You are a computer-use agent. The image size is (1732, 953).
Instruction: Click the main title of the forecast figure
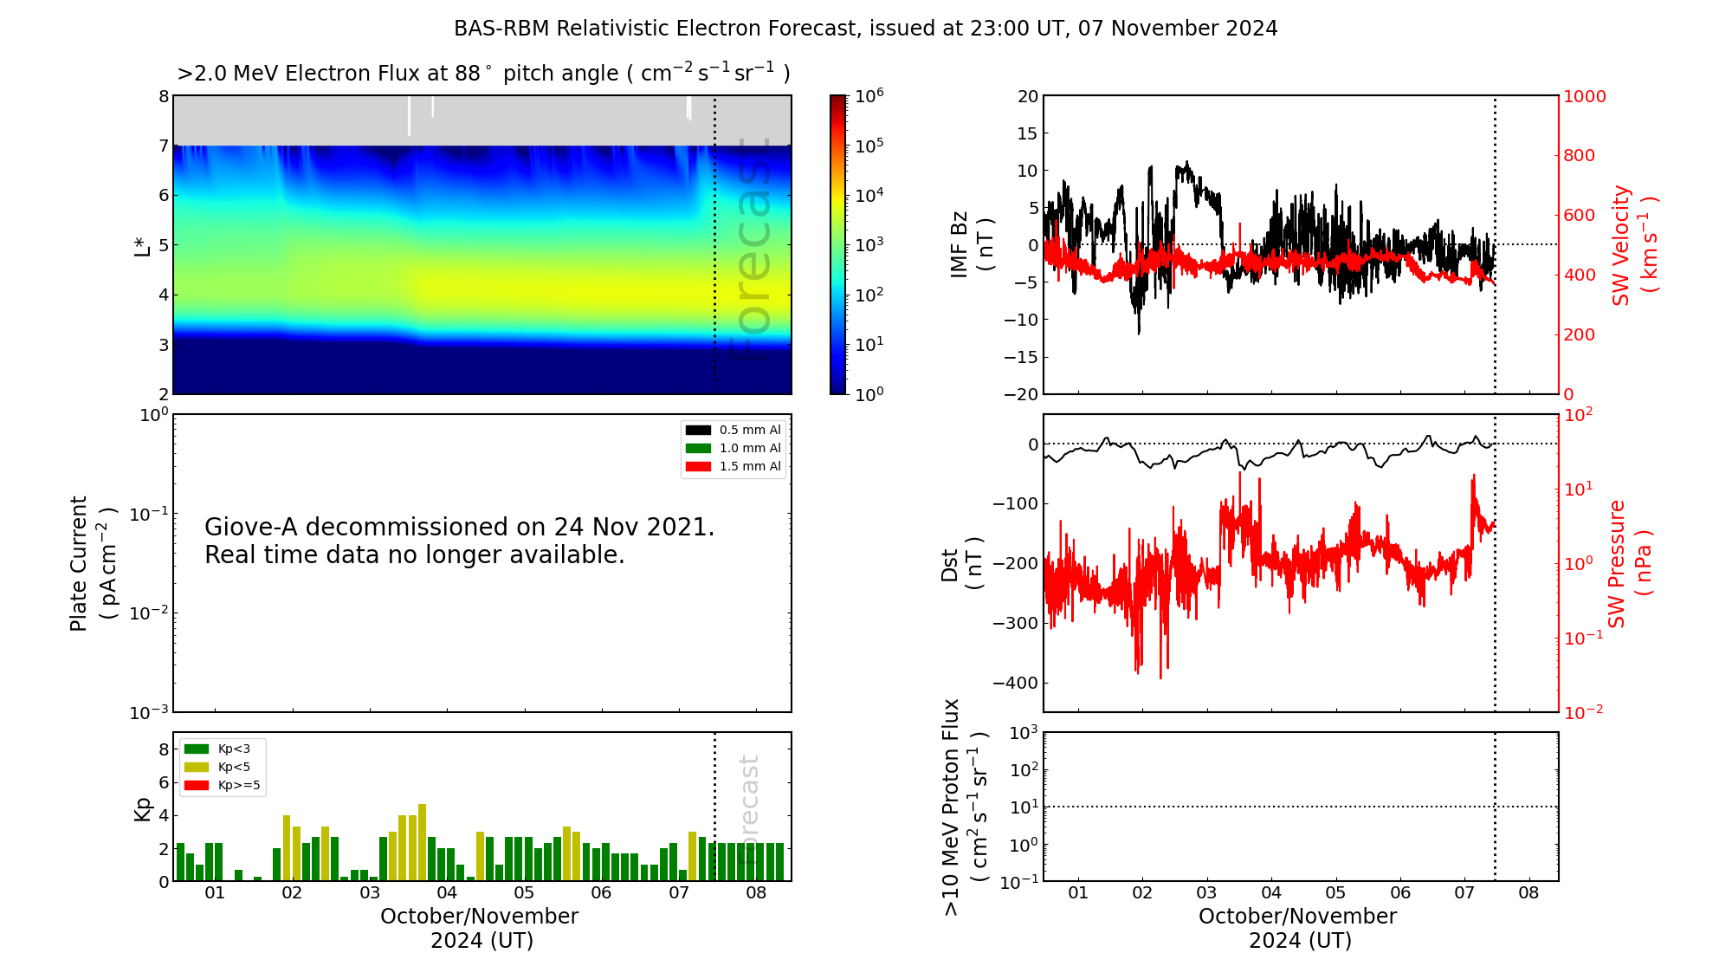[x=865, y=29]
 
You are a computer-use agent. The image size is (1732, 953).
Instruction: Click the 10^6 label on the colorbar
[x=869, y=95]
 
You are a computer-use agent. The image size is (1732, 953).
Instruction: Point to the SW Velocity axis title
[x=1633, y=244]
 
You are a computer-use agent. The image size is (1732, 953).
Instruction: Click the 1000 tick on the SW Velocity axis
[x=1584, y=96]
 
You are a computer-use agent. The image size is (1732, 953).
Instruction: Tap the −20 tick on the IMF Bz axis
[x=1021, y=394]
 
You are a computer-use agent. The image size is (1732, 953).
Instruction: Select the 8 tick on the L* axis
[x=164, y=96]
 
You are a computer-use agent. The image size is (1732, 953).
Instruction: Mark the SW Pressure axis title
[x=1628, y=563]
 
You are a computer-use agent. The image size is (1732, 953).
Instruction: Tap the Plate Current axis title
[x=92, y=563]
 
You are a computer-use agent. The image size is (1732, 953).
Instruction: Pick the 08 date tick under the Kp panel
[x=756, y=893]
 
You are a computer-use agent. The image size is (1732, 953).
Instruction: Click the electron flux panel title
[x=483, y=74]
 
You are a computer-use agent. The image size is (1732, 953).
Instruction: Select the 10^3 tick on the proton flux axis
[x=1024, y=733]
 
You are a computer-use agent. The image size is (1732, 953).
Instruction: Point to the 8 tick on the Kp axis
[x=164, y=749]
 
